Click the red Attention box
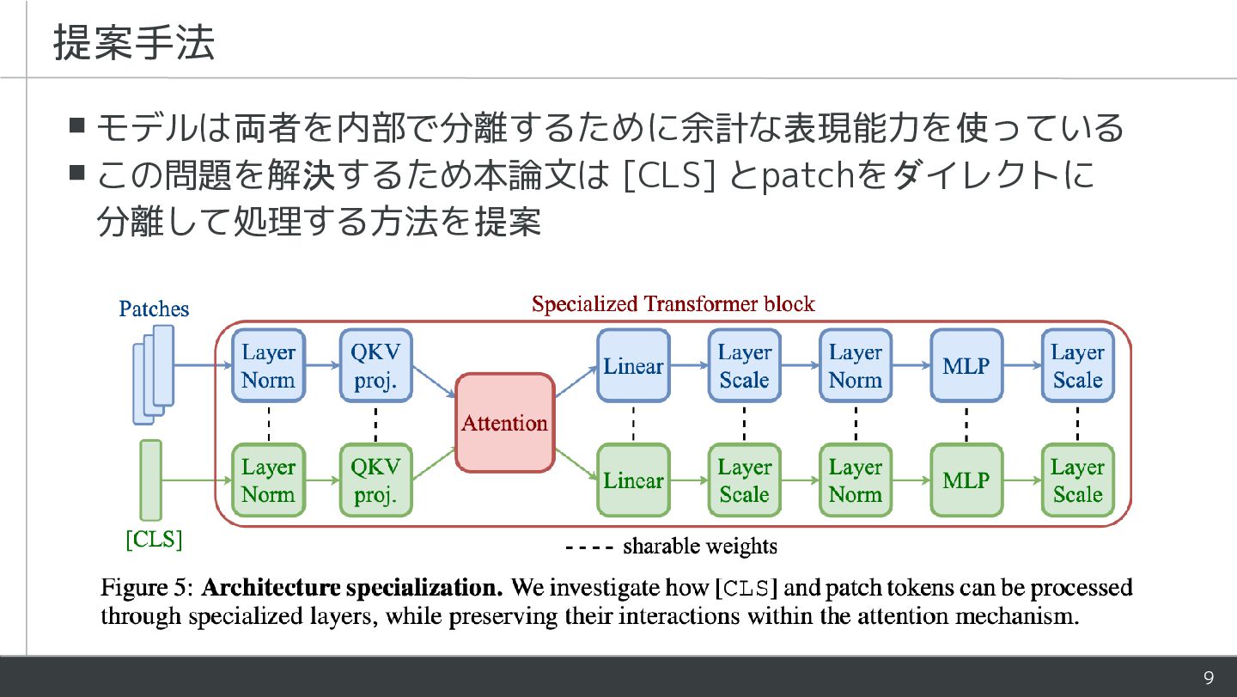[x=504, y=423]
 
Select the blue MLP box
[x=966, y=366]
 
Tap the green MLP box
[x=966, y=480]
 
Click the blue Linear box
[x=633, y=366]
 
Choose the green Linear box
[x=633, y=480]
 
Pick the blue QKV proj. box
[x=375, y=366]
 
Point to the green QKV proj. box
[x=375, y=480]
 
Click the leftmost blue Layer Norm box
[x=268, y=366]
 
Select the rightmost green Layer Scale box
[x=1077, y=480]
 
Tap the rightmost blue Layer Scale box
[x=1077, y=366]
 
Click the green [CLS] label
[x=155, y=541]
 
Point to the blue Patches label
[x=154, y=309]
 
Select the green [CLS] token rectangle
[x=150, y=480]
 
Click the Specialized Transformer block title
[x=673, y=304]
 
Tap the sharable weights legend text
[x=699, y=547]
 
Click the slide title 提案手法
[x=133, y=43]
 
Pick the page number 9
[x=1209, y=679]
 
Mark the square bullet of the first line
[x=77, y=127]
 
